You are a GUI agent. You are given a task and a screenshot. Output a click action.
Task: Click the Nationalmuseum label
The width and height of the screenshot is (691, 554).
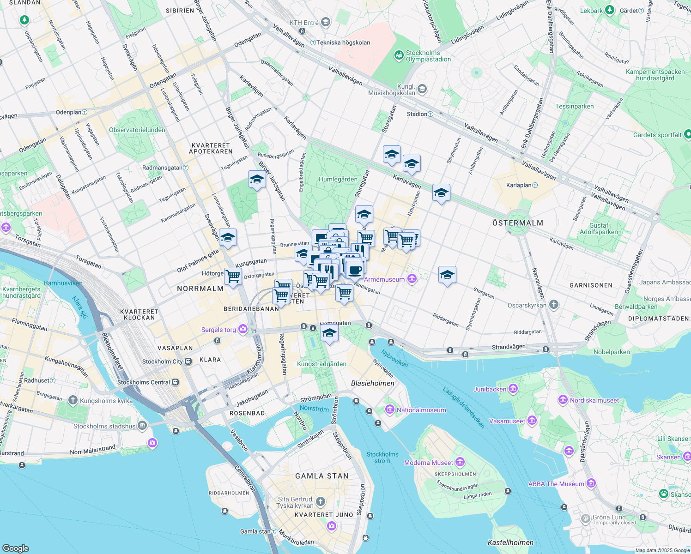pos(421,410)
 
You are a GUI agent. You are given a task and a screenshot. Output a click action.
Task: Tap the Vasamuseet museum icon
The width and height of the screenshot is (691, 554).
pos(532,421)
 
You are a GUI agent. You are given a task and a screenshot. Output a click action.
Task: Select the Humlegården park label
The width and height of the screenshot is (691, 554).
pos(338,180)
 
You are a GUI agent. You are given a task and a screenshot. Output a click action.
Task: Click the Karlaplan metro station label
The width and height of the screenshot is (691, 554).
pos(519,185)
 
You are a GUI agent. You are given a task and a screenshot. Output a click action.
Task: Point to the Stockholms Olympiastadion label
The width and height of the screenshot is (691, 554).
pos(428,56)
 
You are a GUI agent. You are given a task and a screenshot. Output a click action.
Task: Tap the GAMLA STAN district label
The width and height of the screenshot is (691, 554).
pos(322,476)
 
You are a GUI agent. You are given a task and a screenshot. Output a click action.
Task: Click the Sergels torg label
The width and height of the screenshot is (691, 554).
pos(218,330)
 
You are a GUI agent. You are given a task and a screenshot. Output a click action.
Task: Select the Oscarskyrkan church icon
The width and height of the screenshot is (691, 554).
pos(554,305)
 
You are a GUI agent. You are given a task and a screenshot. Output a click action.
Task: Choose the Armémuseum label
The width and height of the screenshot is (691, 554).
pos(384,279)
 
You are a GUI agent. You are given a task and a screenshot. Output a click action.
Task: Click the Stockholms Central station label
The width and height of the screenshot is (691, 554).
pos(144,382)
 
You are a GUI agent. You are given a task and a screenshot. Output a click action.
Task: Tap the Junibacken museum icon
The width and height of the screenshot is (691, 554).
pos(513,389)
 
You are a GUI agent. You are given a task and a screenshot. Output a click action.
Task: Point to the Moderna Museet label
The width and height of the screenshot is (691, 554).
pos(429,463)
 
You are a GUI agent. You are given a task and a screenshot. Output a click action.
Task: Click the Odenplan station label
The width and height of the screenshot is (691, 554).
pos(69,112)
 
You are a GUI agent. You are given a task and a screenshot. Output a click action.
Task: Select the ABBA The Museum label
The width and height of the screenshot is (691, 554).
pos(556,484)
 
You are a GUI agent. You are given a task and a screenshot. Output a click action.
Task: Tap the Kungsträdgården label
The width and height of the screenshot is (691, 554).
pos(321,364)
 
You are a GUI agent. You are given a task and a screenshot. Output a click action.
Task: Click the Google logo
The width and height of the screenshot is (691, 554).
pos(15,548)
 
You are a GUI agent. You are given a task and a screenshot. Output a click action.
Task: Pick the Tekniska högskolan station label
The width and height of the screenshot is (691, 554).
pos(343,42)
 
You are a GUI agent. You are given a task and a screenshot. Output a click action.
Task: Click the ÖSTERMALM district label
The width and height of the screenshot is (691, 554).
pos(517,223)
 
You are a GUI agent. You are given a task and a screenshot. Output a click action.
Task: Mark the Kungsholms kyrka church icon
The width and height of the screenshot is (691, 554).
pos(73,400)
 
